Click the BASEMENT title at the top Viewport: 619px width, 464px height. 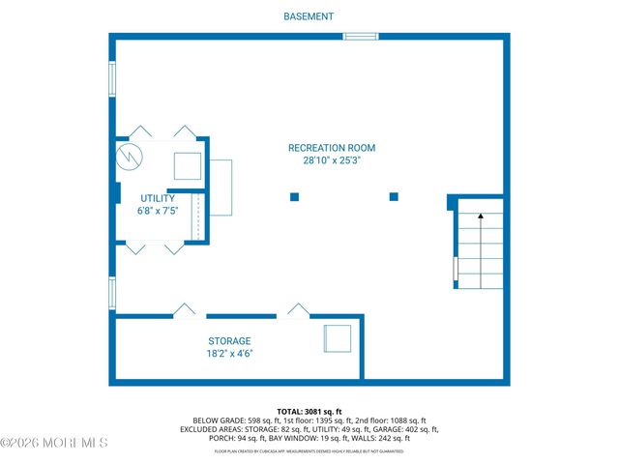[309, 16]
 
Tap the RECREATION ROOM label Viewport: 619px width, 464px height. [331, 148]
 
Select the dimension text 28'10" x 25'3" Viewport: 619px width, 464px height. [331, 161]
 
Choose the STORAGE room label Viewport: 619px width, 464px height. [229, 341]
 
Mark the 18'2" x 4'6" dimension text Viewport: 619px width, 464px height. [229, 354]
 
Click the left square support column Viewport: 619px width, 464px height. [294, 197]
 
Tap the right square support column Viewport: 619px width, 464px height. [394, 197]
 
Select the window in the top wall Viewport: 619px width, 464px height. [360, 37]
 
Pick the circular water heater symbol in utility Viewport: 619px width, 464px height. [129, 157]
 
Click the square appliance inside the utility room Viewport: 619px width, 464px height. [187, 166]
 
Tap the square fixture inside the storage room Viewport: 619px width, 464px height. [338, 339]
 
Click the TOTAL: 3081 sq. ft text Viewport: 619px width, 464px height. [309, 411]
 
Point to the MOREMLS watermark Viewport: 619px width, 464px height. [55, 443]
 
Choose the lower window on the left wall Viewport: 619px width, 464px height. [112, 291]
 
